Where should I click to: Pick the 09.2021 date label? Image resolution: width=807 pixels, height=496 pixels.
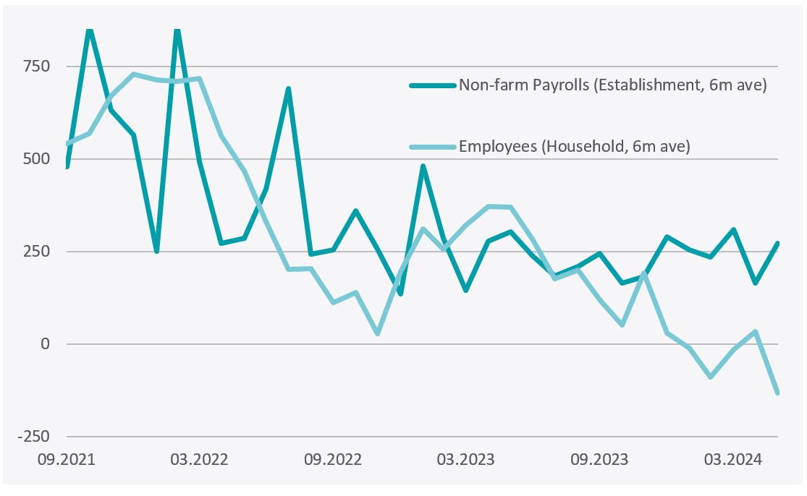pos(67,459)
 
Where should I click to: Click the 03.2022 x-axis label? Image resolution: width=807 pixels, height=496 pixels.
pos(200,459)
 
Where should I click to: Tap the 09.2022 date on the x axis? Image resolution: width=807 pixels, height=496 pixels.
pos(332,459)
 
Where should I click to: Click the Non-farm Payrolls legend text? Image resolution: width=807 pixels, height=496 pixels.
pos(612,85)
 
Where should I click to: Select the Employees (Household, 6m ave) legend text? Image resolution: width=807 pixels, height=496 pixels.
pos(575,147)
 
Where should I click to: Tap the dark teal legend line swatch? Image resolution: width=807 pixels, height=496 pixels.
pos(433,85)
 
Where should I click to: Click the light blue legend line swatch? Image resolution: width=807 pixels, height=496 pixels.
pos(433,147)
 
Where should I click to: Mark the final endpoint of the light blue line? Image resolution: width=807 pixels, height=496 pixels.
pos(777,393)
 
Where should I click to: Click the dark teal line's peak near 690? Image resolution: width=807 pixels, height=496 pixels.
pos(289,89)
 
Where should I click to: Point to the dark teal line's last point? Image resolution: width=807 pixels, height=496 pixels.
pos(777,244)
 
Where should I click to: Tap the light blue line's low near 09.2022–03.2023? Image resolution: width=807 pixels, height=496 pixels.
pos(378,333)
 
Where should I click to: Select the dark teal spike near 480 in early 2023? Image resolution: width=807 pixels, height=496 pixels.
pos(423,166)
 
